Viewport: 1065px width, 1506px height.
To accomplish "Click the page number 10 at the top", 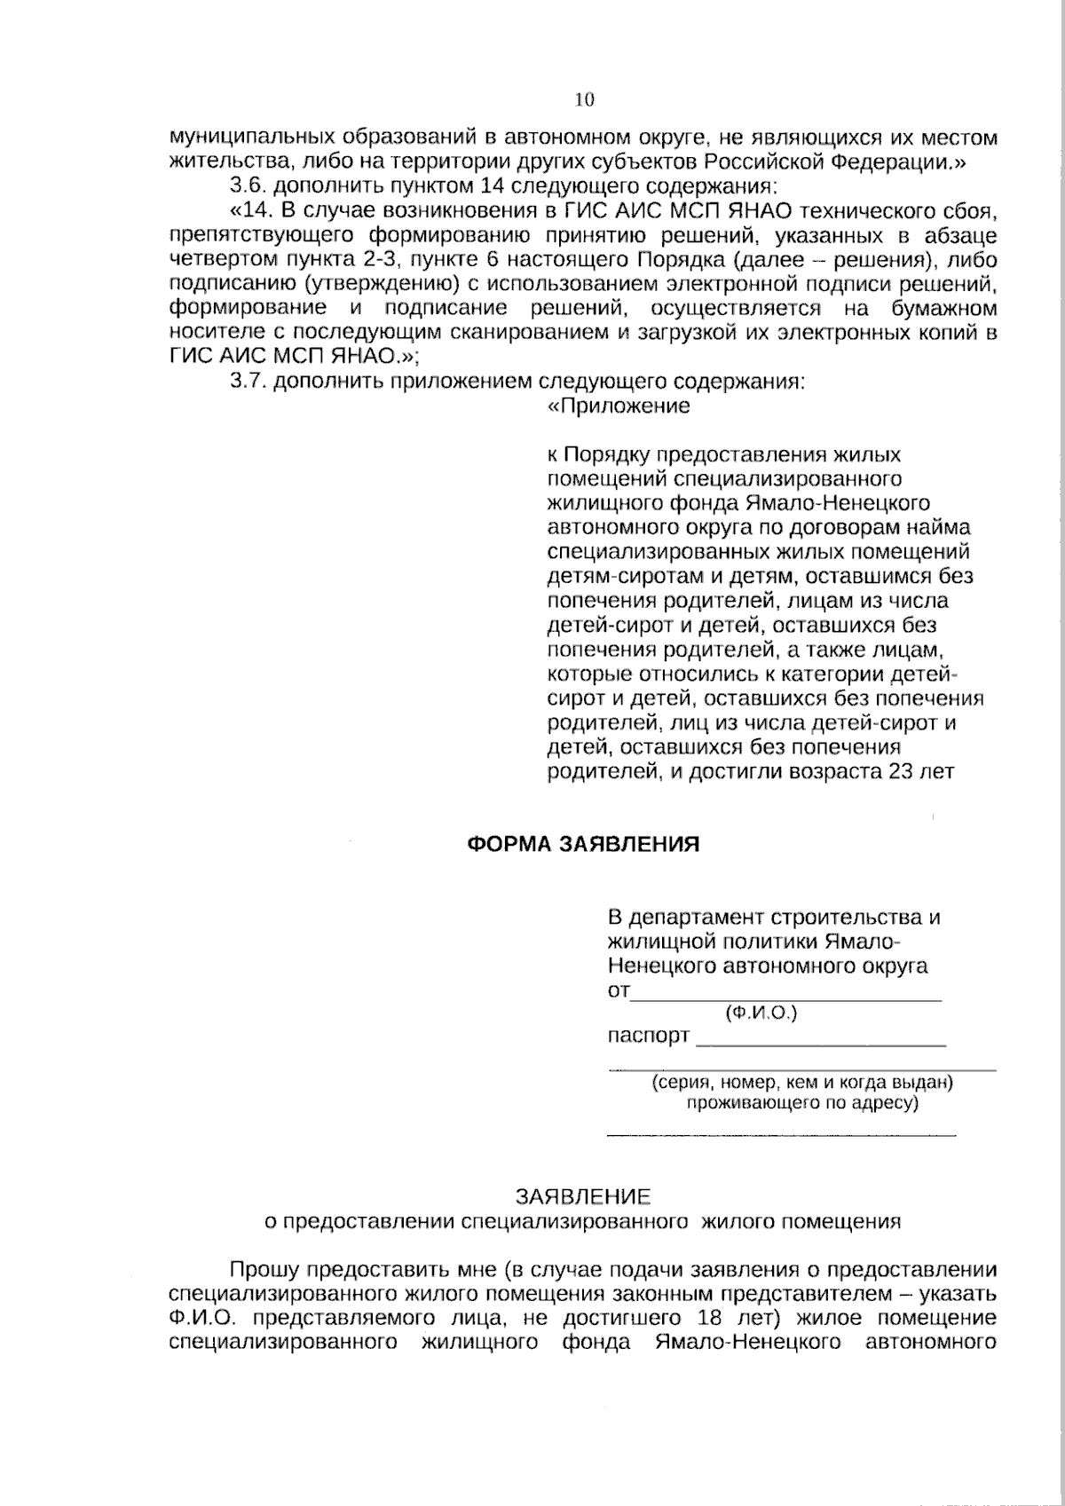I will (584, 99).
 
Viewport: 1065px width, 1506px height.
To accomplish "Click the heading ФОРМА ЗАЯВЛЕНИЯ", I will (583, 843).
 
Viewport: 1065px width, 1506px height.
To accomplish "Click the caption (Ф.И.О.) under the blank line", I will (761, 1013).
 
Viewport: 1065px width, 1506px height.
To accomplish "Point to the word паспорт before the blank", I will (648, 1036).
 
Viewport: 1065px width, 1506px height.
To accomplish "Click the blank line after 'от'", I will (785, 999).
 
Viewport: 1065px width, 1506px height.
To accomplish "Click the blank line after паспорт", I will (821, 1045).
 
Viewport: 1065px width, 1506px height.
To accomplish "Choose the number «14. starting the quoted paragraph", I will (251, 211).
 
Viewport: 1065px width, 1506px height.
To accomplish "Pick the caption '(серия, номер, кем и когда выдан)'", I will (802, 1083).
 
